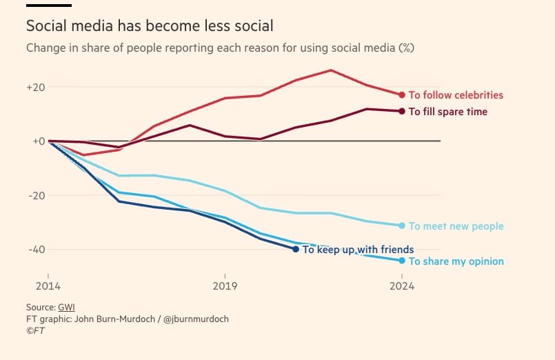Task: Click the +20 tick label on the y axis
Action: (36, 88)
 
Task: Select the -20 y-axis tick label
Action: (37, 195)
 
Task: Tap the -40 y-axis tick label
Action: (37, 249)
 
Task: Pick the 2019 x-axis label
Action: (225, 286)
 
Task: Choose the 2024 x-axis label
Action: (402, 286)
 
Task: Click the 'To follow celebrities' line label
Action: (456, 95)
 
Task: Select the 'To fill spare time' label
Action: (447, 112)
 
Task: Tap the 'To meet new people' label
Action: (456, 226)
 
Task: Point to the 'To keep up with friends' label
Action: (358, 250)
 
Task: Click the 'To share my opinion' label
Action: (456, 261)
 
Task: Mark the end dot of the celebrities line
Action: (402, 95)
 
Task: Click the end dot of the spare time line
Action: (402, 111)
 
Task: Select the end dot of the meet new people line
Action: (402, 226)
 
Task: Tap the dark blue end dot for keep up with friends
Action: (296, 249)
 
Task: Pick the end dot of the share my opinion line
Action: (402, 261)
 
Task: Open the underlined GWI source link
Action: (66, 307)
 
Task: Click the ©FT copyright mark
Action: (35, 331)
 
